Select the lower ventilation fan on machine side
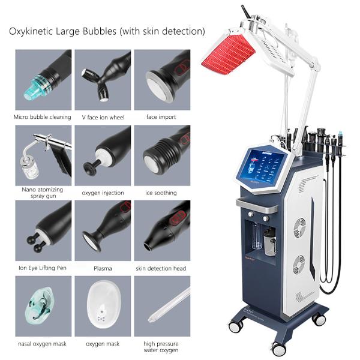[x=298, y=264]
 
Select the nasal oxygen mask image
[x=43, y=305]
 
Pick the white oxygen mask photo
[x=103, y=305]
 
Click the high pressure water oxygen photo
[x=161, y=305]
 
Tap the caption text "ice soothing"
[x=161, y=193]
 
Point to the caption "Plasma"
[x=103, y=268]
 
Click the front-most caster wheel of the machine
[x=278, y=347]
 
